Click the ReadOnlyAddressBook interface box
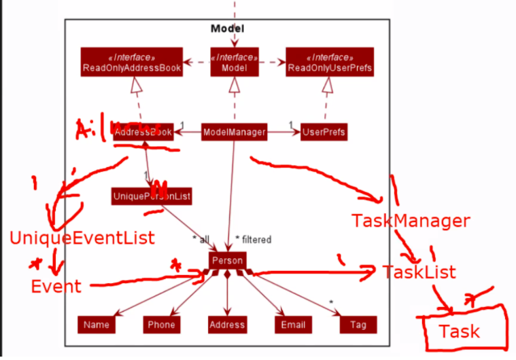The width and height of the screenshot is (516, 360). click(x=132, y=62)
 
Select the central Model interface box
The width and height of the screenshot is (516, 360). click(x=234, y=62)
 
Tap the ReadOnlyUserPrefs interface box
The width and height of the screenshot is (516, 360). click(x=330, y=62)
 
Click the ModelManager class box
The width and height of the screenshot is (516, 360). click(x=234, y=132)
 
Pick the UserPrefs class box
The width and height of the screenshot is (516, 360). click(x=324, y=132)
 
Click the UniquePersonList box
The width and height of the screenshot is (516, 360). click(x=152, y=197)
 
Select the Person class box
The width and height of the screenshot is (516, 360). click(x=227, y=260)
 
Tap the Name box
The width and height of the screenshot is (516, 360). click(x=97, y=325)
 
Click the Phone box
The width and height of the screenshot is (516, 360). click(x=162, y=325)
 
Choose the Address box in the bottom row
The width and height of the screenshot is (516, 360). click(x=227, y=325)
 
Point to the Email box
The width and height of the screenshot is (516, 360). click(x=293, y=325)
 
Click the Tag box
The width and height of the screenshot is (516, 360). click(x=358, y=325)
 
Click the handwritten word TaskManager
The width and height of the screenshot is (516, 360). click(x=410, y=221)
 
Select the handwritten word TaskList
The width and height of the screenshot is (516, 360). click(x=419, y=272)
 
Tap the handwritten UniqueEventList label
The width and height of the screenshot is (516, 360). click(x=82, y=238)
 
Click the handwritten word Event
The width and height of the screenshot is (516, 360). click(x=56, y=286)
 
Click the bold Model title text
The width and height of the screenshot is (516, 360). click(x=227, y=28)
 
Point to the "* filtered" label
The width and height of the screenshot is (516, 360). click(x=253, y=239)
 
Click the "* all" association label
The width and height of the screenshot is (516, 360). click(x=201, y=239)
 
